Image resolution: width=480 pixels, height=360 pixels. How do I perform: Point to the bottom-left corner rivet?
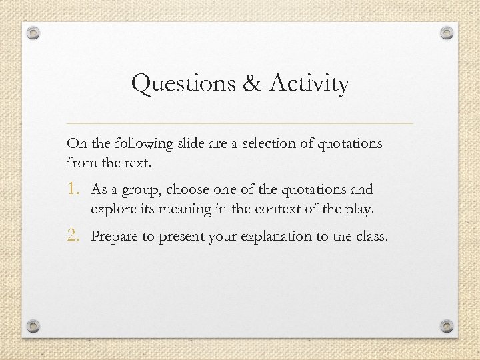(34, 327)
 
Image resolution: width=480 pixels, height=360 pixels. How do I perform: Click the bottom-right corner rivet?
(447, 327)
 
